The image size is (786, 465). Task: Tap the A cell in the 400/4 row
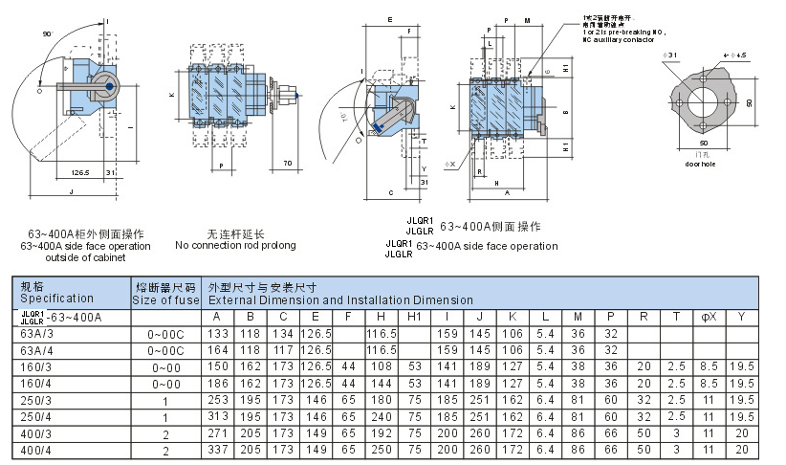coord(216,450)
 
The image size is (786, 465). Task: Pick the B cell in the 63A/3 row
coord(251,334)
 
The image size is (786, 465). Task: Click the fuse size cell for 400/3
coord(165,433)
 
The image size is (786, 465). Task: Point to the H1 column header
coord(414,317)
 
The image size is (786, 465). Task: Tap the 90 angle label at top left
coord(47,33)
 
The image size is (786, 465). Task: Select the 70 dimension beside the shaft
coord(286,165)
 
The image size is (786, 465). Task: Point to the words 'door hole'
coord(700,164)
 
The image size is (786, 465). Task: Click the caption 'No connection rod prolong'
coord(235,246)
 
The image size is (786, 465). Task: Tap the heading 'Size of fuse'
coord(165,300)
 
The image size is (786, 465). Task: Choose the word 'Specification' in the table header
coord(56,299)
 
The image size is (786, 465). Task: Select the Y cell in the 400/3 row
coord(741,433)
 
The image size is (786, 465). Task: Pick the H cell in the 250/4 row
coord(381,416)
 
